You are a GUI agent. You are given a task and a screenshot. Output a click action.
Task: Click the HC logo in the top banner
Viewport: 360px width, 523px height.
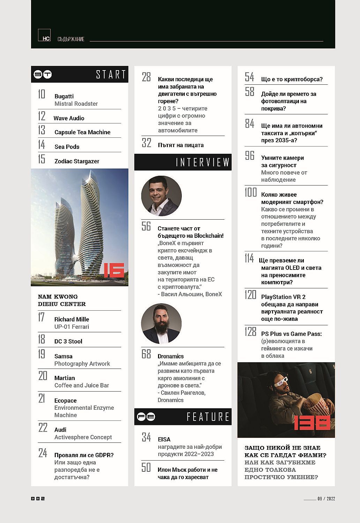pos(44,35)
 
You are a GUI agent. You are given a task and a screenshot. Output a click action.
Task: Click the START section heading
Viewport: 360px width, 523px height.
pos(111,74)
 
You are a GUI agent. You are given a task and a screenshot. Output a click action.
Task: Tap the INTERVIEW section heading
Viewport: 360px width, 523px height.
pos(202,162)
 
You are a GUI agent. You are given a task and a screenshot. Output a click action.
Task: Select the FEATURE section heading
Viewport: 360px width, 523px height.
pos(208,417)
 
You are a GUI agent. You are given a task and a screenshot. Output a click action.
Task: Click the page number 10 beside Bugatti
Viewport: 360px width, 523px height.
pos(42,94)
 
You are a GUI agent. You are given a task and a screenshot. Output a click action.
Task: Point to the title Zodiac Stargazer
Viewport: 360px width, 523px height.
pos(77,161)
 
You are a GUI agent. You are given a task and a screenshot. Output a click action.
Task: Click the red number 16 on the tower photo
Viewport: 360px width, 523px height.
pos(114,270)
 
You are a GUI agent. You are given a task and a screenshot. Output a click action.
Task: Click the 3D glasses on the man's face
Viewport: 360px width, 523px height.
pos(282,383)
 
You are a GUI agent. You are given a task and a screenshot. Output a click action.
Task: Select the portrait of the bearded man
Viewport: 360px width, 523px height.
pos(162,324)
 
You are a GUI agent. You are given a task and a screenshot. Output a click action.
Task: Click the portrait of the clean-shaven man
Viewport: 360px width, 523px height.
pos(162,196)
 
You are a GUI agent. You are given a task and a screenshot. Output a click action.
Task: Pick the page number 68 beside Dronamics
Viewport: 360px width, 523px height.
pos(146,354)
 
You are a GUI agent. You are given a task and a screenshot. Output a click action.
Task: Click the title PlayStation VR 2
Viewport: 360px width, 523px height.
pos(283,297)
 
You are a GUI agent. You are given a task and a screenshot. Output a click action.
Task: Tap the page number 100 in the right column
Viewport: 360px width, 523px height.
pos(250,192)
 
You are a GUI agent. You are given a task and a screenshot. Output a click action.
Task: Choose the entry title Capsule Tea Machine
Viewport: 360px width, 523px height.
pos(82,132)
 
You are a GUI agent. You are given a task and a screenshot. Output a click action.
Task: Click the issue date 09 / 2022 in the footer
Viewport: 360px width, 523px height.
pos(326,499)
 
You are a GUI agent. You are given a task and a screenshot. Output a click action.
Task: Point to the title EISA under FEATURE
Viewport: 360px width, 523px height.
pos(164,439)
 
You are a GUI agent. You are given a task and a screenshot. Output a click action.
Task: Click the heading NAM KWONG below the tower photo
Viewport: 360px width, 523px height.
pos(58,297)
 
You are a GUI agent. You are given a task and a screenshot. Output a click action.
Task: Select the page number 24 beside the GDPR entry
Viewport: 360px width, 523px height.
pos(43,453)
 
